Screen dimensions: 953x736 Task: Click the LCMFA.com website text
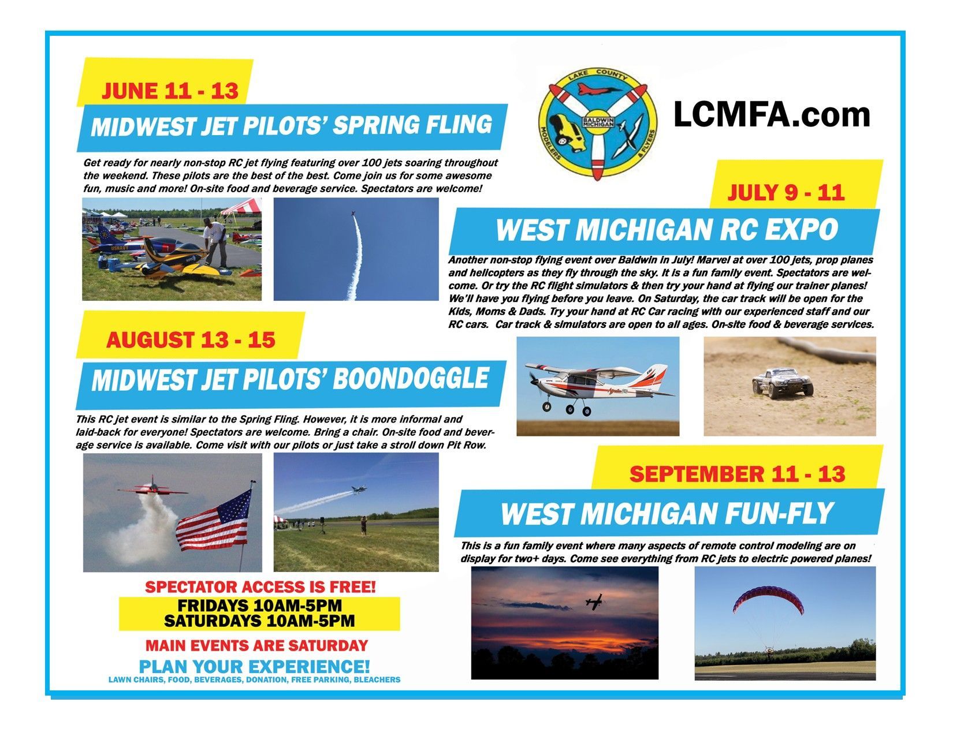coord(772,115)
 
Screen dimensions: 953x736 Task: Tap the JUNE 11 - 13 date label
coord(170,91)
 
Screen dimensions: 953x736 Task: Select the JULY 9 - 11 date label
coord(786,193)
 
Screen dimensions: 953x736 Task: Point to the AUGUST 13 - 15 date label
coord(191,340)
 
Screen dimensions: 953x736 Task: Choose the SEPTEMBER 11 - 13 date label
coord(737,475)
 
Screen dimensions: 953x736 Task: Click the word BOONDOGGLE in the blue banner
coord(411,379)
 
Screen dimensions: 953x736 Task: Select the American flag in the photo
coord(215,520)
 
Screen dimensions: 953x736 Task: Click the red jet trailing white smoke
coord(152,488)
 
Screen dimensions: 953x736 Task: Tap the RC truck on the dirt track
coord(782,383)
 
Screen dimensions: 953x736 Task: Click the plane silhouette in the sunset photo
coord(594,602)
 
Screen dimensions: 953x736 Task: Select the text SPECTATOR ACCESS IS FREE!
coord(260,587)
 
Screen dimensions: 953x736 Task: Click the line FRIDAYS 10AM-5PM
coord(260,606)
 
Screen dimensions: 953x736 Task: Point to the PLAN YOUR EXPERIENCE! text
coord(254,667)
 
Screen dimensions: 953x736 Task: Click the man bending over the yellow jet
coord(216,243)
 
